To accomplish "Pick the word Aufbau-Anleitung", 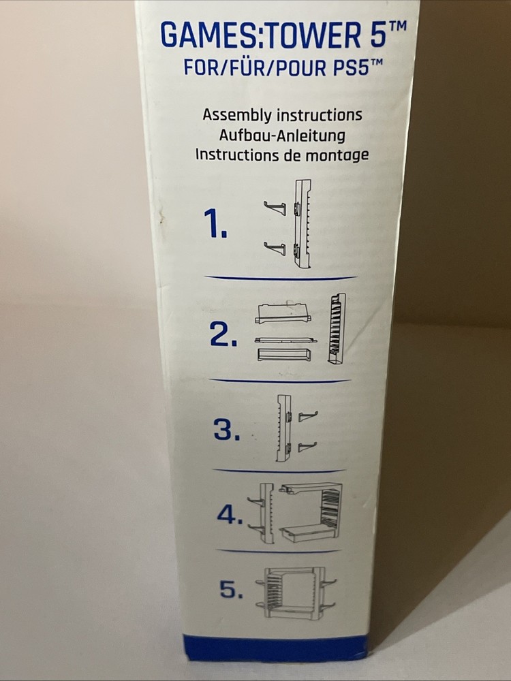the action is click(x=282, y=135).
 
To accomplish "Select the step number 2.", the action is click(x=223, y=334).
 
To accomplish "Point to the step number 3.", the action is click(x=227, y=429).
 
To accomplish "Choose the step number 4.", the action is click(x=230, y=515).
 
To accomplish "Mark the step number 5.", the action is click(x=232, y=589).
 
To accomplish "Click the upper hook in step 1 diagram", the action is click(x=275, y=208).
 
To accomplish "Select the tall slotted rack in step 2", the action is click(x=337, y=329).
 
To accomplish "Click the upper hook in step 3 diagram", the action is click(x=308, y=417).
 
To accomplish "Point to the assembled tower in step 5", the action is click(x=296, y=593).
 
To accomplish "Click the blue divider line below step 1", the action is click(x=280, y=278).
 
